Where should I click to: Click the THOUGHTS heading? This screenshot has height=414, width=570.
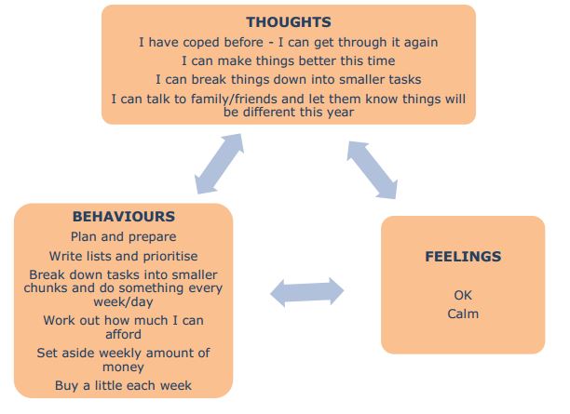[x=289, y=22]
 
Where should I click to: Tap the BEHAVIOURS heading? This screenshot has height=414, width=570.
[x=124, y=217]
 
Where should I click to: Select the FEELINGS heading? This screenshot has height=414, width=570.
[x=463, y=257]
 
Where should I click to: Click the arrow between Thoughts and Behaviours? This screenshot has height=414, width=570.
[x=219, y=164]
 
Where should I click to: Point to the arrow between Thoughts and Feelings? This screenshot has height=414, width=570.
[x=372, y=170]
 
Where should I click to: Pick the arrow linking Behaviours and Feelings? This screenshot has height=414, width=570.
[x=307, y=291]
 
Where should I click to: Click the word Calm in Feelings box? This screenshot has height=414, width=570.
[x=463, y=314]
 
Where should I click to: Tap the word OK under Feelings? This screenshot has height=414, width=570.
[x=463, y=295]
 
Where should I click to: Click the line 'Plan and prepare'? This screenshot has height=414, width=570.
[x=124, y=237]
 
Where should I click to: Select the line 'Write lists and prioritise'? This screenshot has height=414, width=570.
[x=124, y=257]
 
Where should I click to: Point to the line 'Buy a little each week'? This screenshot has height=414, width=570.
[x=123, y=386]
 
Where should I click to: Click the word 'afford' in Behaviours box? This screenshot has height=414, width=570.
[x=123, y=334]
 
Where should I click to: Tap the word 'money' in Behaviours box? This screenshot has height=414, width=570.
[x=123, y=367]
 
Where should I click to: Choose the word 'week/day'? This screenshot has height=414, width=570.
[x=123, y=302]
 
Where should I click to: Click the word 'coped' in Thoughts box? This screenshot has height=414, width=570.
[x=223, y=43]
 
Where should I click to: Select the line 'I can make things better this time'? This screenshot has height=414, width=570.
[x=289, y=60]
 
